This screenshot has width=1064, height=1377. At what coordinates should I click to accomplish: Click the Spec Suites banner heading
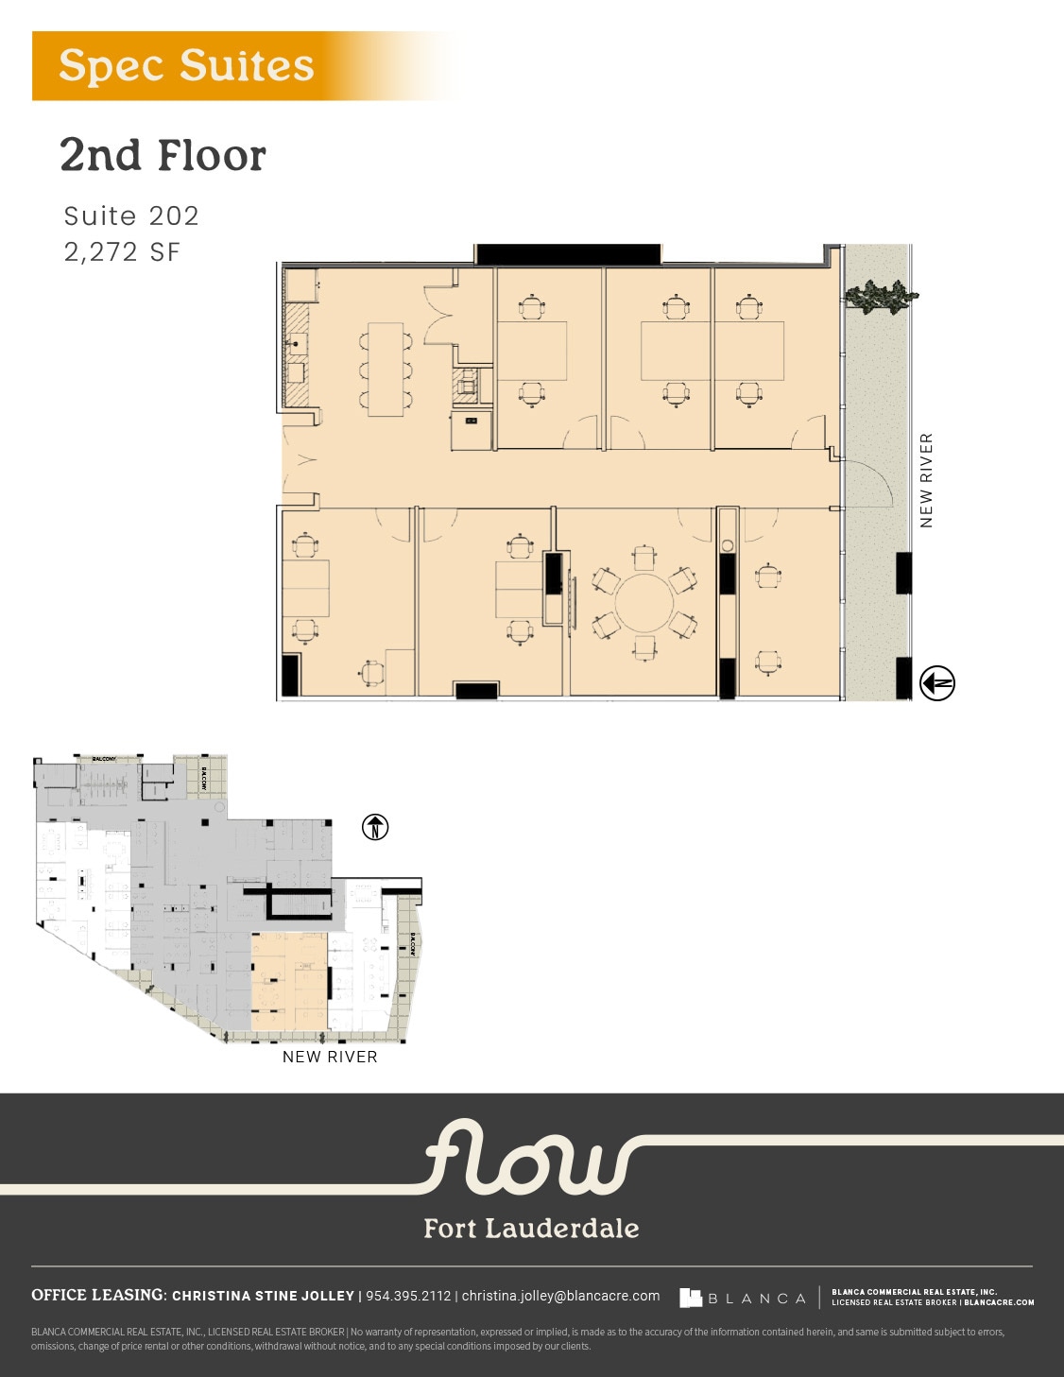coord(186,66)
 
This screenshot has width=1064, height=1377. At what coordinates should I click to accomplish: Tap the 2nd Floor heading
coord(163,156)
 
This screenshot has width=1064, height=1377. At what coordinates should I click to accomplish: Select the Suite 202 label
coord(131,216)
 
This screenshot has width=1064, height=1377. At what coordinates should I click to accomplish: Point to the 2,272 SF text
coord(122,252)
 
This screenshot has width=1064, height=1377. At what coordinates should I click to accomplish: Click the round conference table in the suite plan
coord(644,602)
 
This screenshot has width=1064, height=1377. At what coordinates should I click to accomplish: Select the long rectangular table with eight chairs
coord(386,369)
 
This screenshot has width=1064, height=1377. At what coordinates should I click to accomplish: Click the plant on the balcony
coord(881,297)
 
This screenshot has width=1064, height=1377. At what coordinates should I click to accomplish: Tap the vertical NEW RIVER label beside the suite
coord(926,480)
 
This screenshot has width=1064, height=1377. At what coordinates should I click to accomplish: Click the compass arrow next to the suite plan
coord(937,683)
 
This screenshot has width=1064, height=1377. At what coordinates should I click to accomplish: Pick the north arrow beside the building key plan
coord(375,828)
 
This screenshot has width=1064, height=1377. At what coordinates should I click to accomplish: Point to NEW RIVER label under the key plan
coord(330,1057)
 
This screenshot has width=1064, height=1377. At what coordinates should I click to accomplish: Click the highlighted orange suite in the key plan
coord(288,981)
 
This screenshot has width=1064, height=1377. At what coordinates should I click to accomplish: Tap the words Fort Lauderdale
coord(531,1229)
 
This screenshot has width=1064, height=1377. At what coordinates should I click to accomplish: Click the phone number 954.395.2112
coord(408,1296)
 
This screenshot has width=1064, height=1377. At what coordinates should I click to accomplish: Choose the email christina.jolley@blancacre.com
coord(560,1296)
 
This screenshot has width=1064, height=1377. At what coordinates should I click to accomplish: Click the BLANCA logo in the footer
coord(743,1299)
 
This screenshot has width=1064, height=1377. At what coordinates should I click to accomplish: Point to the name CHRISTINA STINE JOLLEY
coord(263,1296)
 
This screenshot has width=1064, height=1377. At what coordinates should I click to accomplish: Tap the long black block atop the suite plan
coord(567,254)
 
